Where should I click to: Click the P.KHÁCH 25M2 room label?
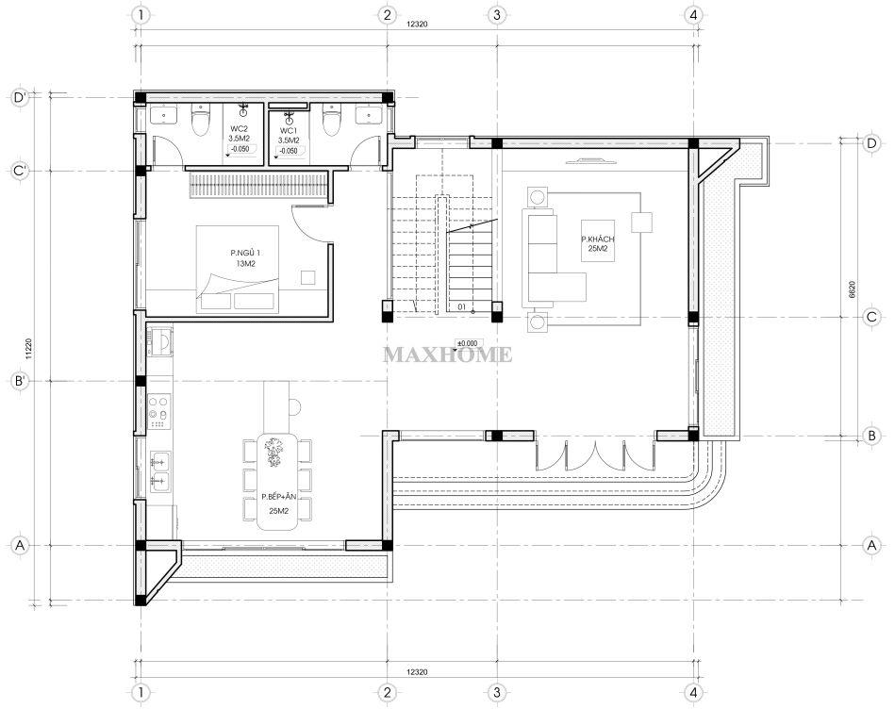point(598,243)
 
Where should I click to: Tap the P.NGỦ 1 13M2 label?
point(245,257)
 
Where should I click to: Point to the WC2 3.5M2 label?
point(239,134)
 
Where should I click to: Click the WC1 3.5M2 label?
point(289,135)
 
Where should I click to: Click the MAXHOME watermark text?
point(447,354)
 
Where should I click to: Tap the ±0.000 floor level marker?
point(467,344)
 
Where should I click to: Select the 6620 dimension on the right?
point(853,289)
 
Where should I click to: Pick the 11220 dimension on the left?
point(29,349)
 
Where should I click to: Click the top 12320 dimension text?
point(417,24)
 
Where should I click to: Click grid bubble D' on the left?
point(20,97)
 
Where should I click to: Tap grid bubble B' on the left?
point(20,381)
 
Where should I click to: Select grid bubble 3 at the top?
point(497,15)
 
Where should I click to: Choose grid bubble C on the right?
point(871,317)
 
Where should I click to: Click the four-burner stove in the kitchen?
point(159,412)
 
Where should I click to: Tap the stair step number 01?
point(462,306)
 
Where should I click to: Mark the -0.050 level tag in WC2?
point(240,149)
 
